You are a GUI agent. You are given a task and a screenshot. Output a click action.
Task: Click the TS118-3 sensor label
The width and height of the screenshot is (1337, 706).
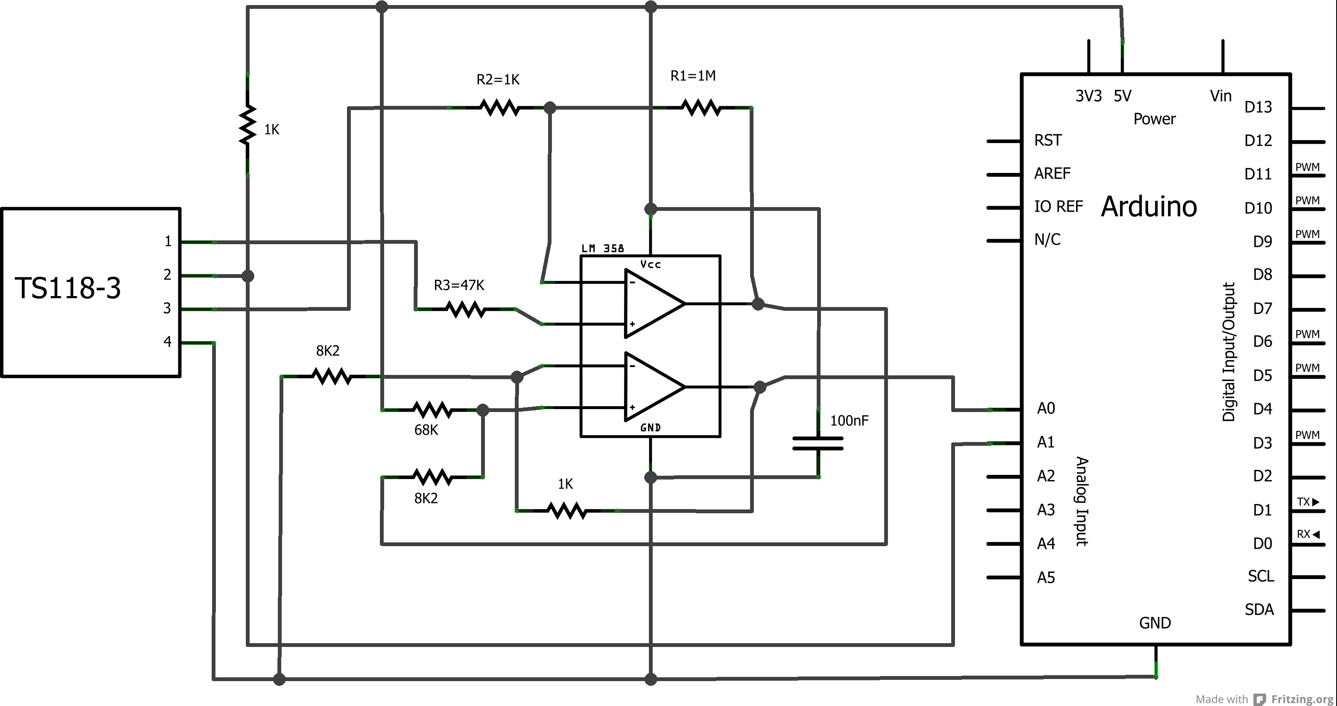[x=67, y=288]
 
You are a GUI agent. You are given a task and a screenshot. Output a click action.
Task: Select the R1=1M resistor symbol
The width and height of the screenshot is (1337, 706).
[x=701, y=108]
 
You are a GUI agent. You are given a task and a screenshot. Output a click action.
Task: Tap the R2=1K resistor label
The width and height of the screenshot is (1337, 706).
[x=498, y=79]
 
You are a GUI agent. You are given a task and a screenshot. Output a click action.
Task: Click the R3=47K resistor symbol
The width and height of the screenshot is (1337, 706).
[x=465, y=310]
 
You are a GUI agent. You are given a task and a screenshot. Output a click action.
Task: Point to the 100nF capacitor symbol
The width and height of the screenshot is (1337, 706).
[x=818, y=443]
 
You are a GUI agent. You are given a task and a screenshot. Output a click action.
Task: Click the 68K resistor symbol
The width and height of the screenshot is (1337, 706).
[x=432, y=410]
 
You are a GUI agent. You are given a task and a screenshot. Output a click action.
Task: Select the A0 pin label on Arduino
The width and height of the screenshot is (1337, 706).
[x=1046, y=409]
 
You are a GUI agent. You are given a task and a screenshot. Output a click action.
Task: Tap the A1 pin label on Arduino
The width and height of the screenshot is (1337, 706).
[x=1046, y=442]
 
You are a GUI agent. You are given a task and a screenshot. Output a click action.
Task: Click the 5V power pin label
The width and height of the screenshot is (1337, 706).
[x=1122, y=96]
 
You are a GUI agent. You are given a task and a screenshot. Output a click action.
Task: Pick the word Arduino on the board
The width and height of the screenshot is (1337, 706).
[x=1149, y=207]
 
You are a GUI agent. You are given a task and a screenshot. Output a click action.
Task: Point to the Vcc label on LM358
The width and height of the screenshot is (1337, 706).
[x=650, y=265]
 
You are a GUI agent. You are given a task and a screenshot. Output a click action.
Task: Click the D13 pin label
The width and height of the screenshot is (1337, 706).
[x=1258, y=108]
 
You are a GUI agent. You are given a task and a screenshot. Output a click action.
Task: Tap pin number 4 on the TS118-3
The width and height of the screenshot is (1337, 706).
[x=167, y=342]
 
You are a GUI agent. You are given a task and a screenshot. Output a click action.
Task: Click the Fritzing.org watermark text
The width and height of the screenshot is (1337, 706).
[x=1302, y=699]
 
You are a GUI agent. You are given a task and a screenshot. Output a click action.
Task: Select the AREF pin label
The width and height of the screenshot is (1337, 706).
[x=1052, y=173]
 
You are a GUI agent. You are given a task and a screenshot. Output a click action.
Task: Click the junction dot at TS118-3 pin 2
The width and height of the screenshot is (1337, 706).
[x=248, y=276]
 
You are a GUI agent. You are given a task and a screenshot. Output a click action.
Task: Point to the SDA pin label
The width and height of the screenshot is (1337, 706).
[x=1259, y=609]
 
